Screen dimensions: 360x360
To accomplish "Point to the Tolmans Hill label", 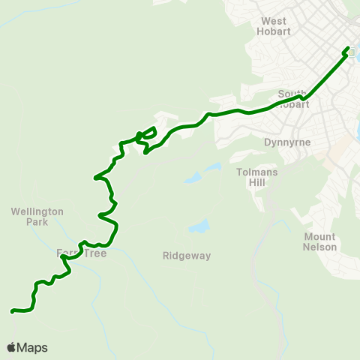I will (257, 177).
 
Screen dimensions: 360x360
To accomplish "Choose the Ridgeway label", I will (187, 256).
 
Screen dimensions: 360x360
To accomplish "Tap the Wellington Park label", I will (37, 217).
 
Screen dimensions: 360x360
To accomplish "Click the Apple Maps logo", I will (27, 347).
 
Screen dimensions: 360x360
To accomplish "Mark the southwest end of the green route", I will (12, 310).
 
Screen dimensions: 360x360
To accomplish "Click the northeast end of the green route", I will (349, 48).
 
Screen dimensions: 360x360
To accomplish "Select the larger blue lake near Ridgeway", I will (199, 226).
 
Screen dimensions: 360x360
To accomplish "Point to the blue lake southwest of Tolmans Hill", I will (192, 178).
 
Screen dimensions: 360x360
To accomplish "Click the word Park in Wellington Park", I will (37, 222).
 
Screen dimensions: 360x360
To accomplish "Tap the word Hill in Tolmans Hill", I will (257, 182).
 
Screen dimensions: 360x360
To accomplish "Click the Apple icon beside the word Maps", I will (12, 347).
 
